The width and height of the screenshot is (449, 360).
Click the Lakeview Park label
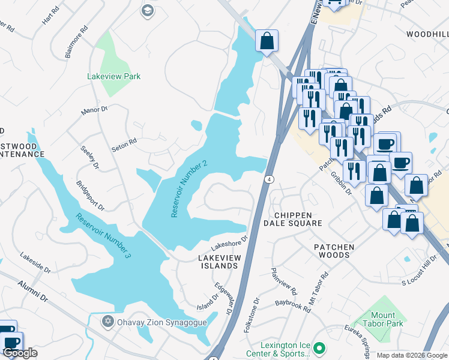point(114,76)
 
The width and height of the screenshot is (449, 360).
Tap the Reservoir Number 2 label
point(188,189)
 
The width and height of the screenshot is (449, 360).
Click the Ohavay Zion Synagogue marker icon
point(107,322)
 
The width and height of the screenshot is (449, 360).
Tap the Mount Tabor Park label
point(379,319)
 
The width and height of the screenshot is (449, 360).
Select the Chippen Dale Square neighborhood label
point(293,219)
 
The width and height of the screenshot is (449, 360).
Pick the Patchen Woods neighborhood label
point(334,251)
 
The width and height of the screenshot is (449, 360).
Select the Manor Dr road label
point(94,110)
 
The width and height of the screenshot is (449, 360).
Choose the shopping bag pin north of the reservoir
point(267,41)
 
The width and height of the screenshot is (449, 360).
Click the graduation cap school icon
point(147,10)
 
